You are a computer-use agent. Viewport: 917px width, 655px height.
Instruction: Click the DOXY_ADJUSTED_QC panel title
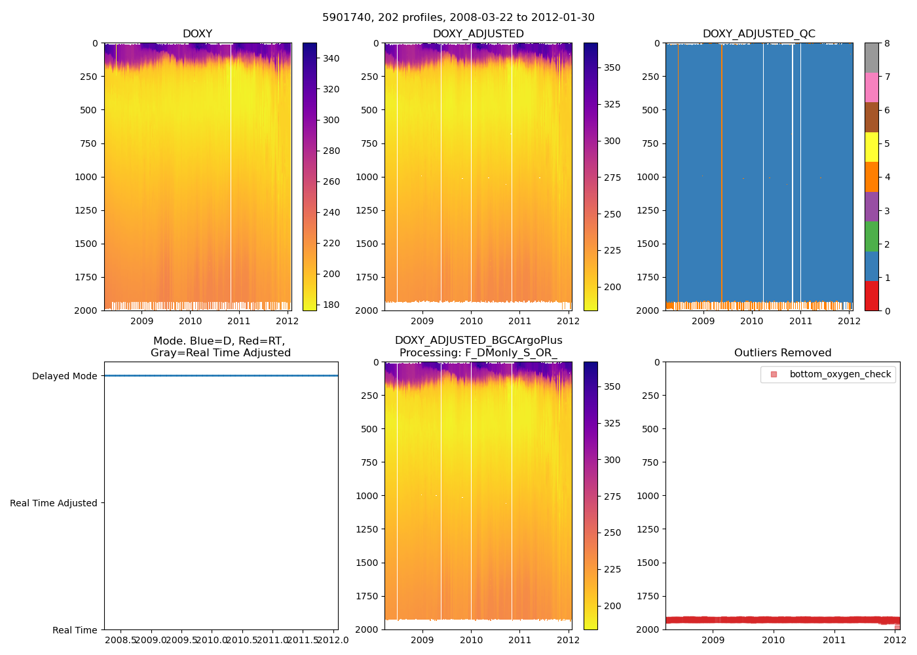[758, 34]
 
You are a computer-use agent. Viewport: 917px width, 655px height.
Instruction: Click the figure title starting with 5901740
[458, 18]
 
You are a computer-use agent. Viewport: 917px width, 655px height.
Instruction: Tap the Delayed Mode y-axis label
[64, 376]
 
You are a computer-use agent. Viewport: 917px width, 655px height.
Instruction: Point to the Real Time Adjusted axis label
[53, 503]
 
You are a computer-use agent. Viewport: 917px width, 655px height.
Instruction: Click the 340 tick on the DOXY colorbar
[331, 59]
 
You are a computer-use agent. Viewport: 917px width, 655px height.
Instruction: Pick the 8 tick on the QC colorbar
[887, 44]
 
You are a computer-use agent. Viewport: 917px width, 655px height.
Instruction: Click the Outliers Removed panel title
[782, 353]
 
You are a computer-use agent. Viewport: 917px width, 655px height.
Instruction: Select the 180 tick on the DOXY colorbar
[331, 305]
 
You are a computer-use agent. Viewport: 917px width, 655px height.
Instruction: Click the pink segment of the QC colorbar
[871, 88]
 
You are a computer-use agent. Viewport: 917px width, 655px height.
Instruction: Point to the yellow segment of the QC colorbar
[871, 147]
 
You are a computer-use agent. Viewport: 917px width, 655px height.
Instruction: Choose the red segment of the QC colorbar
[871, 296]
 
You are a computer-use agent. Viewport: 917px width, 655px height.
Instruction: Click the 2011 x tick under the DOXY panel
[239, 321]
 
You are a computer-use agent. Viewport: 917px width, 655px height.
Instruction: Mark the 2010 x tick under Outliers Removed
[774, 640]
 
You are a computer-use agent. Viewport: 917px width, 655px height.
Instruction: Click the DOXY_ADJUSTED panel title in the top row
[478, 34]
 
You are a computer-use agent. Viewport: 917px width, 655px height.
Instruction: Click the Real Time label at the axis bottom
[75, 630]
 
